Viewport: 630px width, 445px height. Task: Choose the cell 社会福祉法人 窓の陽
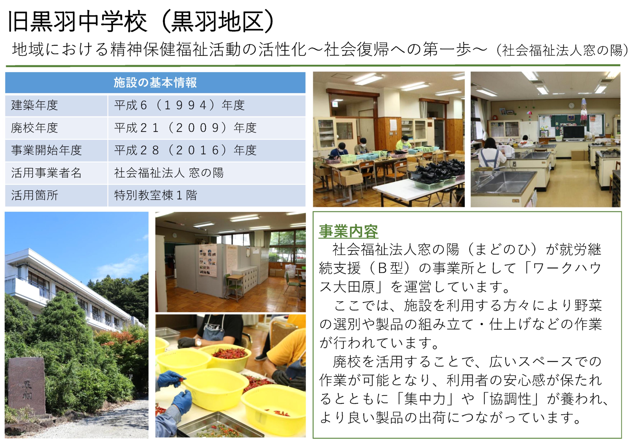pos(169,173)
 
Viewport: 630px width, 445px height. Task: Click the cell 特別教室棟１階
pos(156,195)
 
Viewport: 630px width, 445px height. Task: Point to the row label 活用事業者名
pos(46,173)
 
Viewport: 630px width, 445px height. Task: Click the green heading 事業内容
pos(348,231)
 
